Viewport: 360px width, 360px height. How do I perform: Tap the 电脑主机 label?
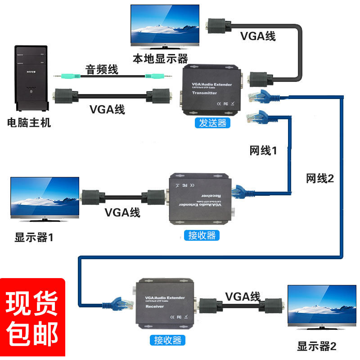29,122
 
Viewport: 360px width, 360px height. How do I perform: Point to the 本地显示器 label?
160,58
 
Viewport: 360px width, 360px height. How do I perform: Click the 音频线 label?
102,69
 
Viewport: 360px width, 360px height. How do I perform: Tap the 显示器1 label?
34,238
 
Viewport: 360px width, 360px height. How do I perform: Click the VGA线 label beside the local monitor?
258,36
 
